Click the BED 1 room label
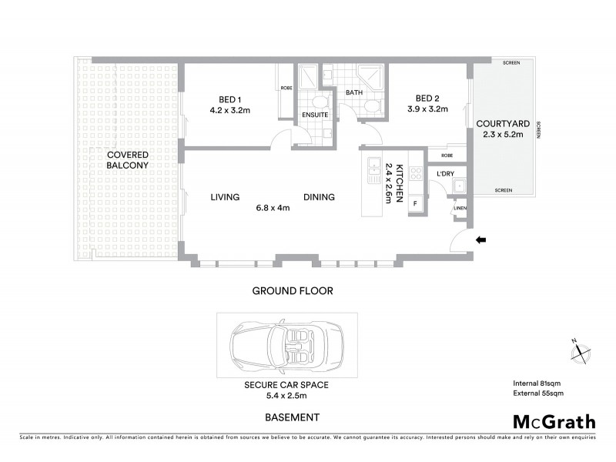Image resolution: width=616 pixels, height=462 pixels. [231, 99]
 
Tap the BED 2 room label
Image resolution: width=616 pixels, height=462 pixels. [428, 99]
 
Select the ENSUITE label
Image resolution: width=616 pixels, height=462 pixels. [315, 115]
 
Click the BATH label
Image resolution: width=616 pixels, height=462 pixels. [354, 92]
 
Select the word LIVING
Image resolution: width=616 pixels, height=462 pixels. [226, 197]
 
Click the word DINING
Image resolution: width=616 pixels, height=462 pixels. [318, 197]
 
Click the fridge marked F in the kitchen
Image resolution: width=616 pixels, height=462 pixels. [416, 204]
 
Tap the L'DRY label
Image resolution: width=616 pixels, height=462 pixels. [444, 174]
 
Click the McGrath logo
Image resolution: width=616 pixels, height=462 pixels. [554, 421]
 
